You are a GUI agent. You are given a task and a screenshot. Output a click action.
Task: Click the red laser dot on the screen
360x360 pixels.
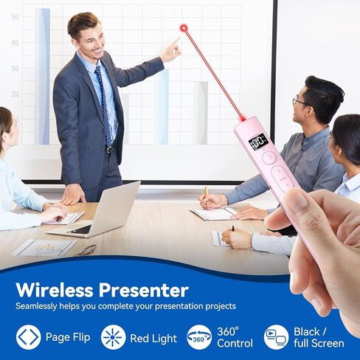[184, 28]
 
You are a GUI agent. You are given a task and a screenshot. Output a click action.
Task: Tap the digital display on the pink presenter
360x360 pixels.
[258, 141]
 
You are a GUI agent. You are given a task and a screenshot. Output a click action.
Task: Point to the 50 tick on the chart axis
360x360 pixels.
[15, 17]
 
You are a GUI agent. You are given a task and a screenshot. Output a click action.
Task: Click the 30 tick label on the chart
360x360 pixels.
[15, 69]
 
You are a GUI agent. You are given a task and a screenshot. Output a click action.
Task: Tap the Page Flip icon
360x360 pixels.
[29, 337]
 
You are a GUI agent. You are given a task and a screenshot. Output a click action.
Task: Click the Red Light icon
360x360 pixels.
[113, 337]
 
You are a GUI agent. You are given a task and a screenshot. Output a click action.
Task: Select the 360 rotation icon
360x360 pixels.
[199, 337]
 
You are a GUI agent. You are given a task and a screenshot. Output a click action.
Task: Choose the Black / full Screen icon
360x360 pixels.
[276, 337]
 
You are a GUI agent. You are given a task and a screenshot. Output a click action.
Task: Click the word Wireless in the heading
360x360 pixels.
[55, 290]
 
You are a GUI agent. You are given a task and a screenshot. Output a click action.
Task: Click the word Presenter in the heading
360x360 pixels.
[144, 290]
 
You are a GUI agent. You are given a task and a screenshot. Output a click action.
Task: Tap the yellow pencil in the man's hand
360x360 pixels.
[207, 197]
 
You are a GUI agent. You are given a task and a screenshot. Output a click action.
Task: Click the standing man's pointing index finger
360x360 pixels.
[176, 41]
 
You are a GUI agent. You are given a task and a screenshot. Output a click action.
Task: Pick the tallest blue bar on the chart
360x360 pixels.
[43, 76]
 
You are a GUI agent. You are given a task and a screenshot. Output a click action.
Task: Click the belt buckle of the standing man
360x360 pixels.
[109, 149]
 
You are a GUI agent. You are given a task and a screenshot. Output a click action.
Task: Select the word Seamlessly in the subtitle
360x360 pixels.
[36, 306]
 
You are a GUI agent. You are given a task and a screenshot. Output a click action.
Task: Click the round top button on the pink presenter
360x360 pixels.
[269, 157]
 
